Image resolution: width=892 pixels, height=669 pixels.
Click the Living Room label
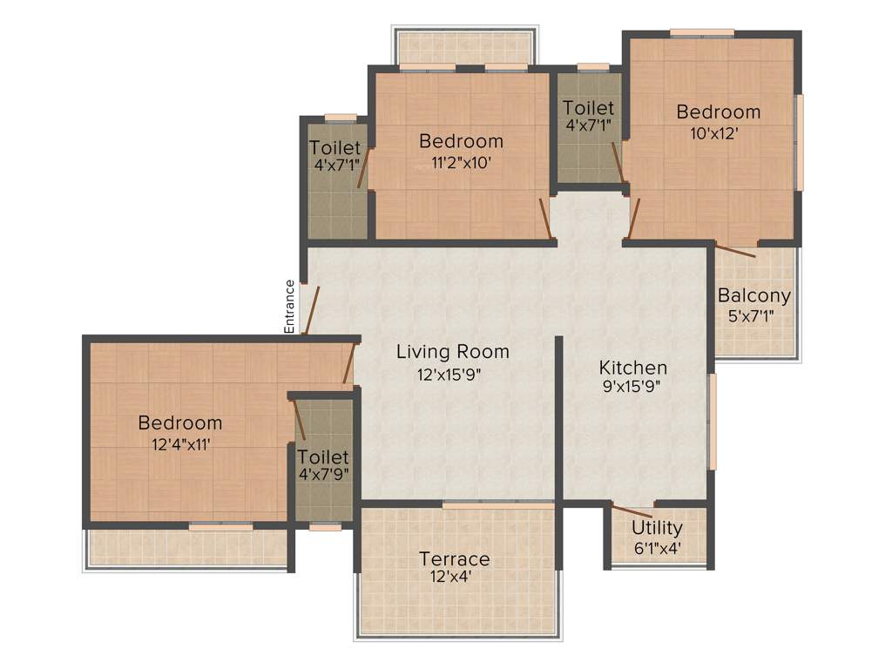click(452, 352)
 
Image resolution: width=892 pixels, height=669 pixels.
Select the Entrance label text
click(290, 306)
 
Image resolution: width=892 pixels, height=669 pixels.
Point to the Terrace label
click(454, 558)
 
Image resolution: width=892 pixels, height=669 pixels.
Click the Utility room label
click(657, 528)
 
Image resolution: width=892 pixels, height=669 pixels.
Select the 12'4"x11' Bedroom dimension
click(180, 443)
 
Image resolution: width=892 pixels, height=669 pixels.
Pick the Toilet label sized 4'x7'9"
click(322, 457)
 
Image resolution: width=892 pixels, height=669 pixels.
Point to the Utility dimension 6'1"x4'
click(657, 549)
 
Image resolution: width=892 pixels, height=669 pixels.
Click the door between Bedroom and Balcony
click(736, 250)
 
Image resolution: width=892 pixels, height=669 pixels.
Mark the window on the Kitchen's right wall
click(713, 422)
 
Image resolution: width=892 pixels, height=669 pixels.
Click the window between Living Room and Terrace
click(497, 504)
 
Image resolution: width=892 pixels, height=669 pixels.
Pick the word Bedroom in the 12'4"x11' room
click(180, 423)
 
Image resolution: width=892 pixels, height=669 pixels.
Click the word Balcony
click(754, 295)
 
